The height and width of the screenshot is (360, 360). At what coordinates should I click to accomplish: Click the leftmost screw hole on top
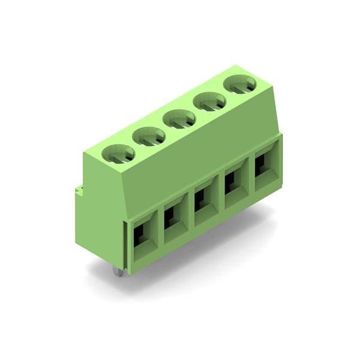(119, 155)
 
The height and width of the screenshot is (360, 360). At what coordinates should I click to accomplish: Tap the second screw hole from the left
(149, 137)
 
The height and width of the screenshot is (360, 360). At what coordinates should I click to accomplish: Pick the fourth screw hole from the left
(209, 102)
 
